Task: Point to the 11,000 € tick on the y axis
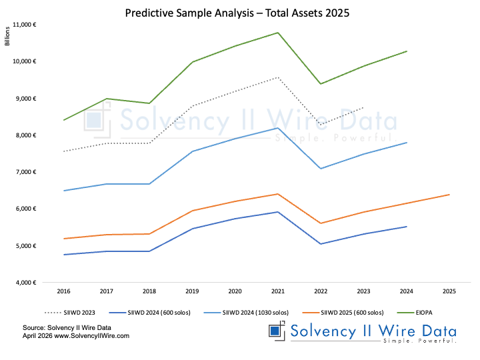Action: coord(24,25)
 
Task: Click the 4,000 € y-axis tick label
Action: coord(25,283)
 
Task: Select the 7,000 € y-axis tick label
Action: coord(25,172)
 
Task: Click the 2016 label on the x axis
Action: coord(63,291)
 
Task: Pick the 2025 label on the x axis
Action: coord(449,291)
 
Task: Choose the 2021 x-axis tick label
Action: coord(278,291)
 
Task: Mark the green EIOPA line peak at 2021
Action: coord(278,33)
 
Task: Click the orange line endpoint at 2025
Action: coord(449,195)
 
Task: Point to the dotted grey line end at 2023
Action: coord(363,107)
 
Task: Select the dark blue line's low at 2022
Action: coord(321,244)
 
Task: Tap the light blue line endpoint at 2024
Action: coord(407,143)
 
